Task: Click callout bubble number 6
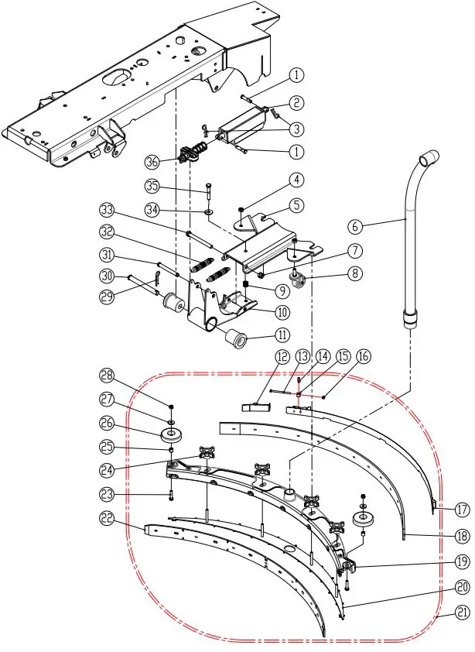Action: pos(355,227)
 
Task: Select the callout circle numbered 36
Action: pos(152,162)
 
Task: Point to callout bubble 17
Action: pos(462,510)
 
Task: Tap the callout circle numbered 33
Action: pos(107,211)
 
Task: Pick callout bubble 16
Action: pos(363,355)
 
